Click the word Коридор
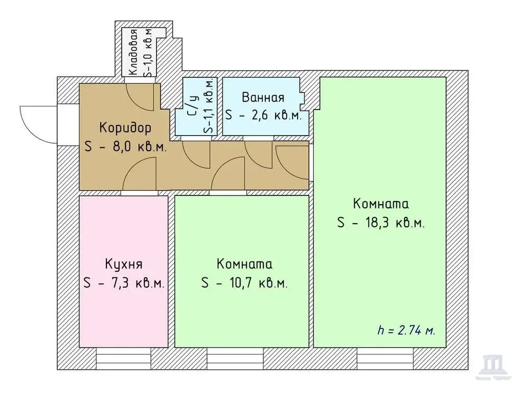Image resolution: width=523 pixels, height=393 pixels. pos(125,126)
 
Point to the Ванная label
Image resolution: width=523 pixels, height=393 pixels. pos(263,97)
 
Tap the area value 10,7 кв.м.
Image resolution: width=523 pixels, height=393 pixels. pos(244,283)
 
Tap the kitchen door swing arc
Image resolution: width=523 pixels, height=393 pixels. pos(139,175)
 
